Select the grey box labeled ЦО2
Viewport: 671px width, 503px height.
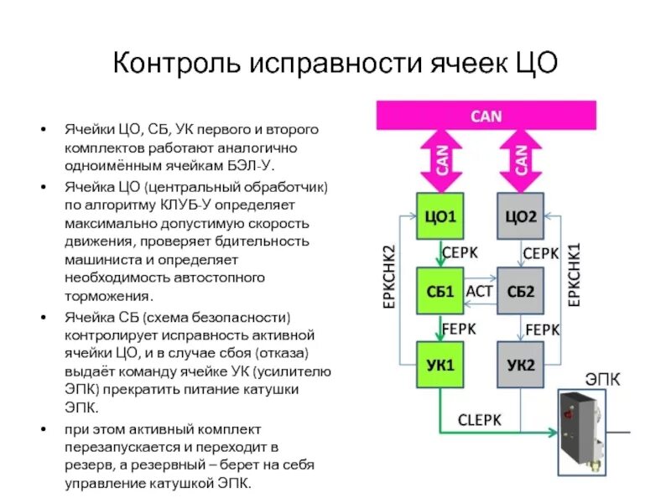click(x=520, y=217)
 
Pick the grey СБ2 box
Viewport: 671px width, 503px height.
click(x=520, y=292)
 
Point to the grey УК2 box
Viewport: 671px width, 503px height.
click(x=520, y=365)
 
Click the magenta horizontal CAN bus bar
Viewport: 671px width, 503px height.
click(x=486, y=116)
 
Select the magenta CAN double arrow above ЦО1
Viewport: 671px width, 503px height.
click(x=441, y=159)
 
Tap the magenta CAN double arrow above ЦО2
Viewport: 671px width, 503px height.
click(x=521, y=159)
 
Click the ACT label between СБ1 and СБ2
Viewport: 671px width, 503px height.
click(x=479, y=292)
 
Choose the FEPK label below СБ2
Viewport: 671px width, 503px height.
click(x=541, y=329)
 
